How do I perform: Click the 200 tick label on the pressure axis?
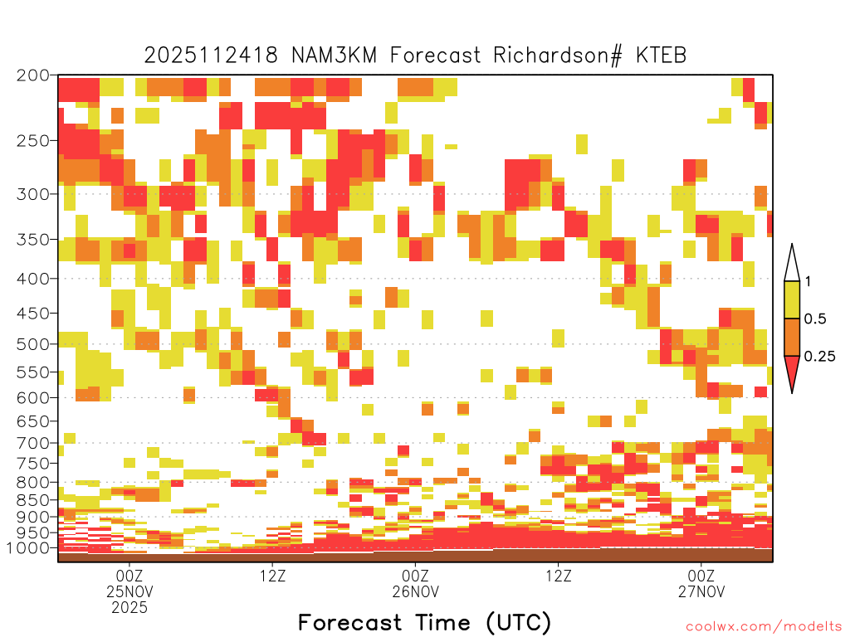tap(33, 75)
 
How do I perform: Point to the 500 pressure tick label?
tap(33, 344)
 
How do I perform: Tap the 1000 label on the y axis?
tap(27, 547)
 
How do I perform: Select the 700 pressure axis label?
tap(33, 443)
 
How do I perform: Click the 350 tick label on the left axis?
tap(33, 240)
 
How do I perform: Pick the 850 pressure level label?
tap(33, 500)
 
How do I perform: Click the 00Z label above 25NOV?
tap(129, 576)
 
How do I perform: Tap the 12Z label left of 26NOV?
tap(272, 576)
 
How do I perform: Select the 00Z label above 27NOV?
tap(701, 576)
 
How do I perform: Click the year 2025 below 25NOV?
tap(129, 608)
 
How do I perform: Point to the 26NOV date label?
tap(415, 591)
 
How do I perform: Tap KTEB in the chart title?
tap(661, 56)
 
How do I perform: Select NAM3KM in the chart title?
tap(334, 56)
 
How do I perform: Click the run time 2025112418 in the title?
tap(211, 56)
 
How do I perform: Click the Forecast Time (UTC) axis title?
tap(424, 622)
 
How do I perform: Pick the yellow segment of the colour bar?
tap(792, 299)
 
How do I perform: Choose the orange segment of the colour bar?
tap(792, 337)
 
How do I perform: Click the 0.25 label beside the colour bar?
tap(819, 356)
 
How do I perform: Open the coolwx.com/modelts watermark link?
tap(765, 627)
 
